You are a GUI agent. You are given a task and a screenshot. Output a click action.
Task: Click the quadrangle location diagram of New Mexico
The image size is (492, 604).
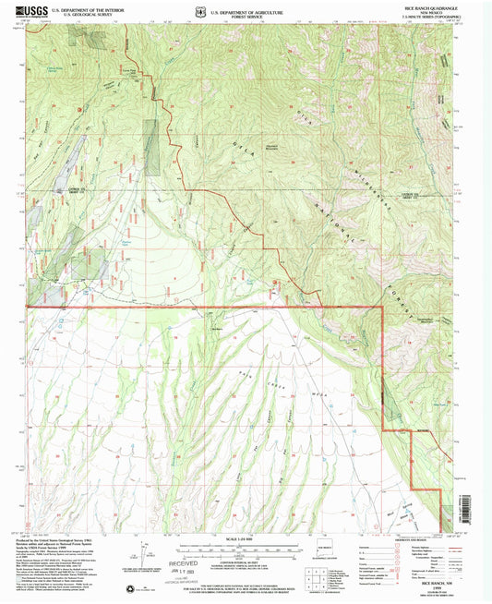point(321,561)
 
